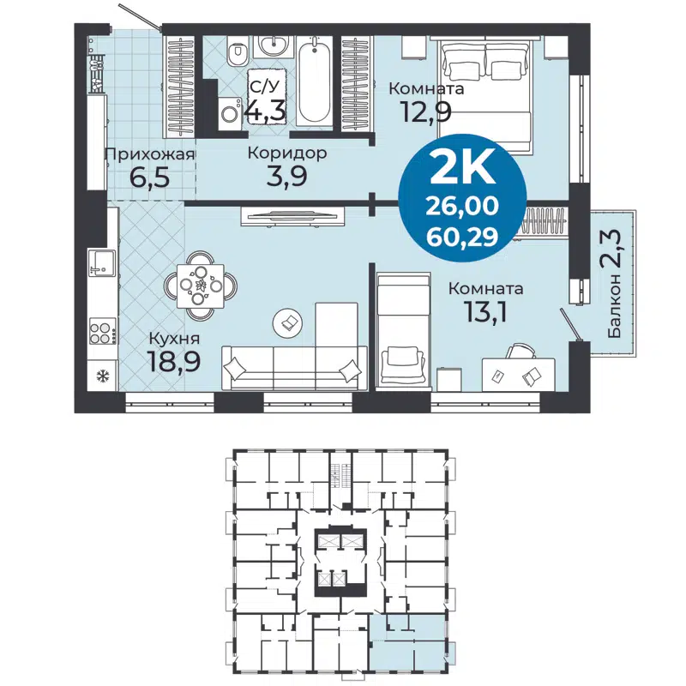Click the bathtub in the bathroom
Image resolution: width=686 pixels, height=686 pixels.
pos(315,82)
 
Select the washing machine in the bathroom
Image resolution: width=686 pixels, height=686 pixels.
pos(229,112)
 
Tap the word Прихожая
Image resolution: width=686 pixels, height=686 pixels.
pos(148,154)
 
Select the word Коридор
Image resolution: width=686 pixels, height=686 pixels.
pos(286,154)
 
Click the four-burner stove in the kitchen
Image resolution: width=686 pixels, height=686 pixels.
pos(100,331)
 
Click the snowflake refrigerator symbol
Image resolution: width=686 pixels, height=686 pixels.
pos(99,375)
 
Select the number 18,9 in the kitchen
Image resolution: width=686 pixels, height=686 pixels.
pos(174,361)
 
